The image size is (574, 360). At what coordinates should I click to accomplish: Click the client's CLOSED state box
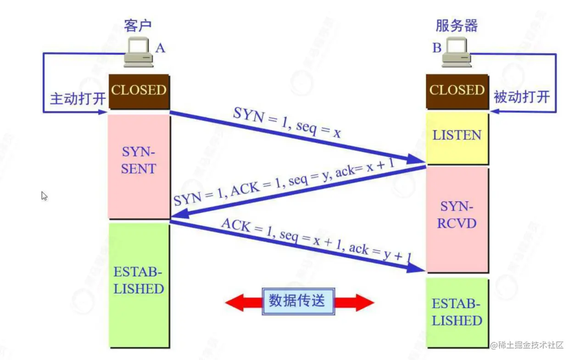139,91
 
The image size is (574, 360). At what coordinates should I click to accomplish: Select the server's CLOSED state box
457,91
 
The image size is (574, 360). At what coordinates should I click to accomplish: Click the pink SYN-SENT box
139,161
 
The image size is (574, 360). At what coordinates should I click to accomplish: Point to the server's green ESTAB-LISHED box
457,312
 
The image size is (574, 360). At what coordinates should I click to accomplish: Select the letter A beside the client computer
160,48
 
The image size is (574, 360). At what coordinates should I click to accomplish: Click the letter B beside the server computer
437,48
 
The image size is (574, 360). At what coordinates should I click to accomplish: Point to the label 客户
137,26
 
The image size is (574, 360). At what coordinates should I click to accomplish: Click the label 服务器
456,26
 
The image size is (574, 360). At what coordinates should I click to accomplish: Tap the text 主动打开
78,99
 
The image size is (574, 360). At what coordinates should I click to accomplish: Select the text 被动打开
521,97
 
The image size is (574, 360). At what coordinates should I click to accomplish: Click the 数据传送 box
298,301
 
